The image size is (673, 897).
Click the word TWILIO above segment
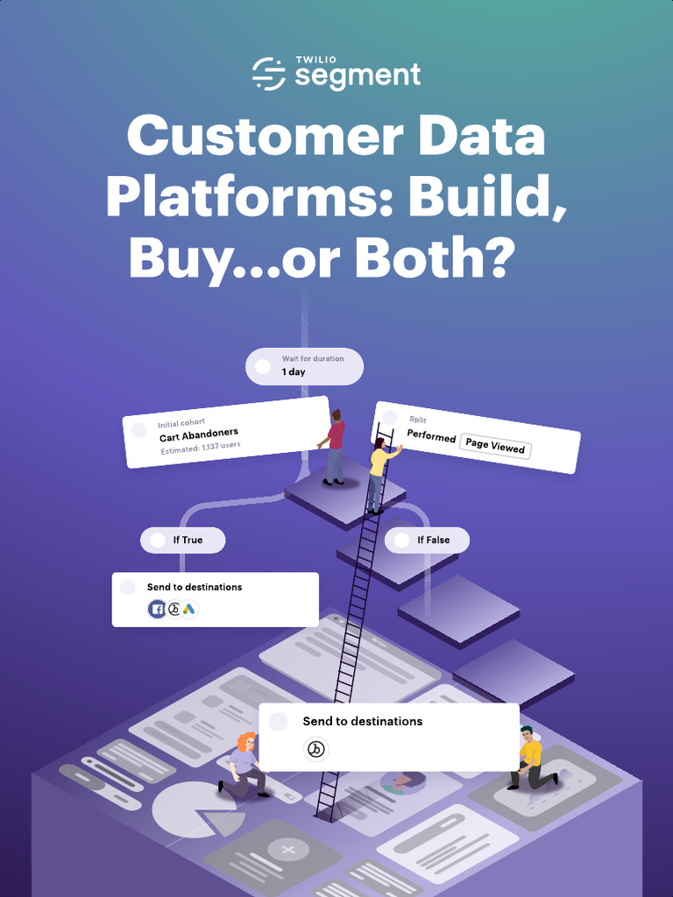(315, 60)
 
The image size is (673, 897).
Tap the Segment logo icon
(269, 74)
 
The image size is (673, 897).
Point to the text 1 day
(294, 372)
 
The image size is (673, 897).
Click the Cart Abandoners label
(199, 434)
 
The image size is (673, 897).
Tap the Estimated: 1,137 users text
(200, 447)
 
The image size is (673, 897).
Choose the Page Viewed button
(495, 446)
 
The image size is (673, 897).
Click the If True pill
(183, 540)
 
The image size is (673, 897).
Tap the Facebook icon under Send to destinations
(158, 610)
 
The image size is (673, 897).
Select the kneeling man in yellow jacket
(531, 758)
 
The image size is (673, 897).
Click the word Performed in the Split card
(431, 435)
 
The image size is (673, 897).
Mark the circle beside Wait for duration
(263, 366)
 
